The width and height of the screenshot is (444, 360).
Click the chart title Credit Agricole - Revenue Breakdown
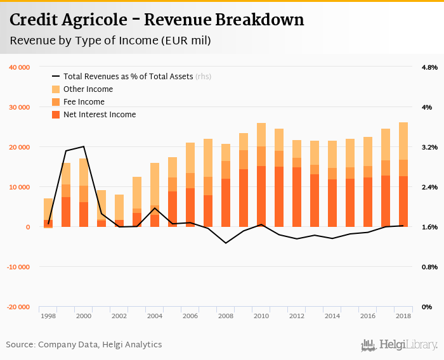157,20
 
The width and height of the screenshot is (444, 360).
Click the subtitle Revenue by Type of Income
110,41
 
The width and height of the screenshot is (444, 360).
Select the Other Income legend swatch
55,89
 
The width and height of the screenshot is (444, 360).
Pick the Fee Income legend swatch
55,102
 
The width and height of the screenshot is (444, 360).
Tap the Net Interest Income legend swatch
55,115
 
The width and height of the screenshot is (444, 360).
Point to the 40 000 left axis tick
19,67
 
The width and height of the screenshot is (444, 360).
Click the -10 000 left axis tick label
18,267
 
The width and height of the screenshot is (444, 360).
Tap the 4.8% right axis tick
429,67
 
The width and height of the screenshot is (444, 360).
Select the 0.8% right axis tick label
429,267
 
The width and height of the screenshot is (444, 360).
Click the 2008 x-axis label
226,315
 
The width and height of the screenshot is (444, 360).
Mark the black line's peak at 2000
84,146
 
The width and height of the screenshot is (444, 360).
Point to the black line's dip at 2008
226,243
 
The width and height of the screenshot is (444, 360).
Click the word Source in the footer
20,345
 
